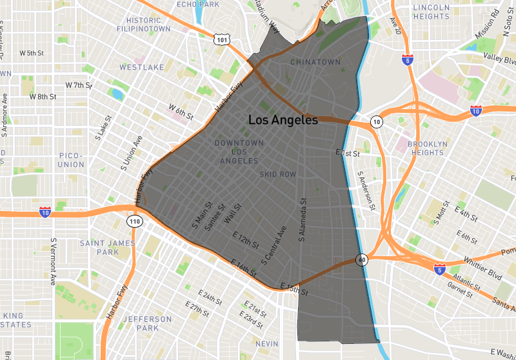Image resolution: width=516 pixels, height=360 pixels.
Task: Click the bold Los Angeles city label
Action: [x=283, y=120]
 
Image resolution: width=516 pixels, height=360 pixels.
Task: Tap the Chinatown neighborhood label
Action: [x=315, y=62]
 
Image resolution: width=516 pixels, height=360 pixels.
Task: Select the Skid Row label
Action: [x=277, y=174]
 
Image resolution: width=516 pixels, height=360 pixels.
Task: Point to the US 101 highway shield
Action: [x=223, y=39]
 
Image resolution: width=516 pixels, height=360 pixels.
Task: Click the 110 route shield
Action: [x=134, y=221]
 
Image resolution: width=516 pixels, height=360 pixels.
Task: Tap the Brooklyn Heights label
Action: [x=426, y=148]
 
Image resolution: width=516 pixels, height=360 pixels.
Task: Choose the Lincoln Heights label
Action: [x=431, y=12]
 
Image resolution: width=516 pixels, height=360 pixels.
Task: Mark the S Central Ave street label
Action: [x=273, y=245]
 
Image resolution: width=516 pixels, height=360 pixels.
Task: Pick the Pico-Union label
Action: [x=71, y=160]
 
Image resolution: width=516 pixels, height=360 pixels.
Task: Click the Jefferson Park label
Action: [x=148, y=323]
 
